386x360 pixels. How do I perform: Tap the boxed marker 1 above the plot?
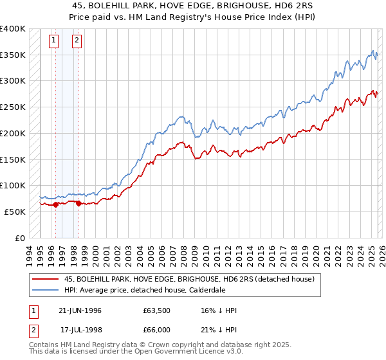click(55, 40)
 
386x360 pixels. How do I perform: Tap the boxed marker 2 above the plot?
click(77, 40)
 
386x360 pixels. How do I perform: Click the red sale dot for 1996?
click(55, 204)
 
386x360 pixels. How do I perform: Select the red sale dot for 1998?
click(78, 203)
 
